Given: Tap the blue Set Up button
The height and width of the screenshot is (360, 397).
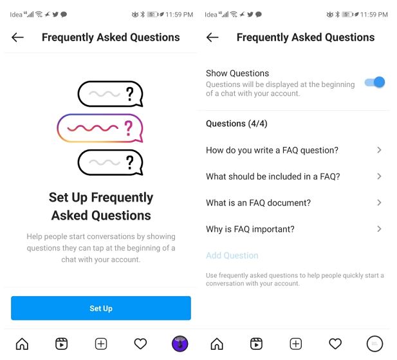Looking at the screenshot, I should click(100, 308).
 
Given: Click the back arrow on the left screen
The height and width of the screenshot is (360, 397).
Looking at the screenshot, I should click(18, 37).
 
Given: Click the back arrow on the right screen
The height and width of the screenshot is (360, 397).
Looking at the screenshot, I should click(212, 37).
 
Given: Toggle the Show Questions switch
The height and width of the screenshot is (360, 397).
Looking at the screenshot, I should click(374, 82).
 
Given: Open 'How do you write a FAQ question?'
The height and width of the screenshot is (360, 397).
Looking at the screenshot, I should click(272, 150).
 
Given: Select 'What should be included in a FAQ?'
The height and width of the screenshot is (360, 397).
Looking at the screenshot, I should click(273, 176).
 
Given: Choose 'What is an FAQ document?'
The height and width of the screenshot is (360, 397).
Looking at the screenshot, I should click(258, 203).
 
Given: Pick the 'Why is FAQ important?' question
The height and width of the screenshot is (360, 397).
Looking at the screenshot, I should click(250, 229).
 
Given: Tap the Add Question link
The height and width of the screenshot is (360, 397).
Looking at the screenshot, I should click(232, 256).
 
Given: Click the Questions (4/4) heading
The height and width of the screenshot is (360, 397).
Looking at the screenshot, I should click(236, 124).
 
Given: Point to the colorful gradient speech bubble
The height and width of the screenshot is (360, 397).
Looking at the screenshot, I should click(100, 128).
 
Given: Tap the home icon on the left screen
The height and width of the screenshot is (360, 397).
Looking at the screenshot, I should click(22, 344).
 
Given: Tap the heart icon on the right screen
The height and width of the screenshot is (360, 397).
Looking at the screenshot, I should click(335, 344).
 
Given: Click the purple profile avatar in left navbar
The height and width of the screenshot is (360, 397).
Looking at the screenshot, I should click(180, 344).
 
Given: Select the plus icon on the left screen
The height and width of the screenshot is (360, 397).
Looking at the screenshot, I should click(101, 344).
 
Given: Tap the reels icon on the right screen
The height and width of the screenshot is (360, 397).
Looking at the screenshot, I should click(256, 344).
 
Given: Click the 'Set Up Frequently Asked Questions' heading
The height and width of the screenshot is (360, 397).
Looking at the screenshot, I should click(101, 206).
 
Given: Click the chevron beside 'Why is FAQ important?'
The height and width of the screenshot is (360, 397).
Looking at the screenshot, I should click(379, 229).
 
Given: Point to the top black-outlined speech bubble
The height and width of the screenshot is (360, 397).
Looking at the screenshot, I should click(109, 94).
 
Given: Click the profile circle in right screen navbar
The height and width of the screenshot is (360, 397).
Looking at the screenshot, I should click(374, 344).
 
